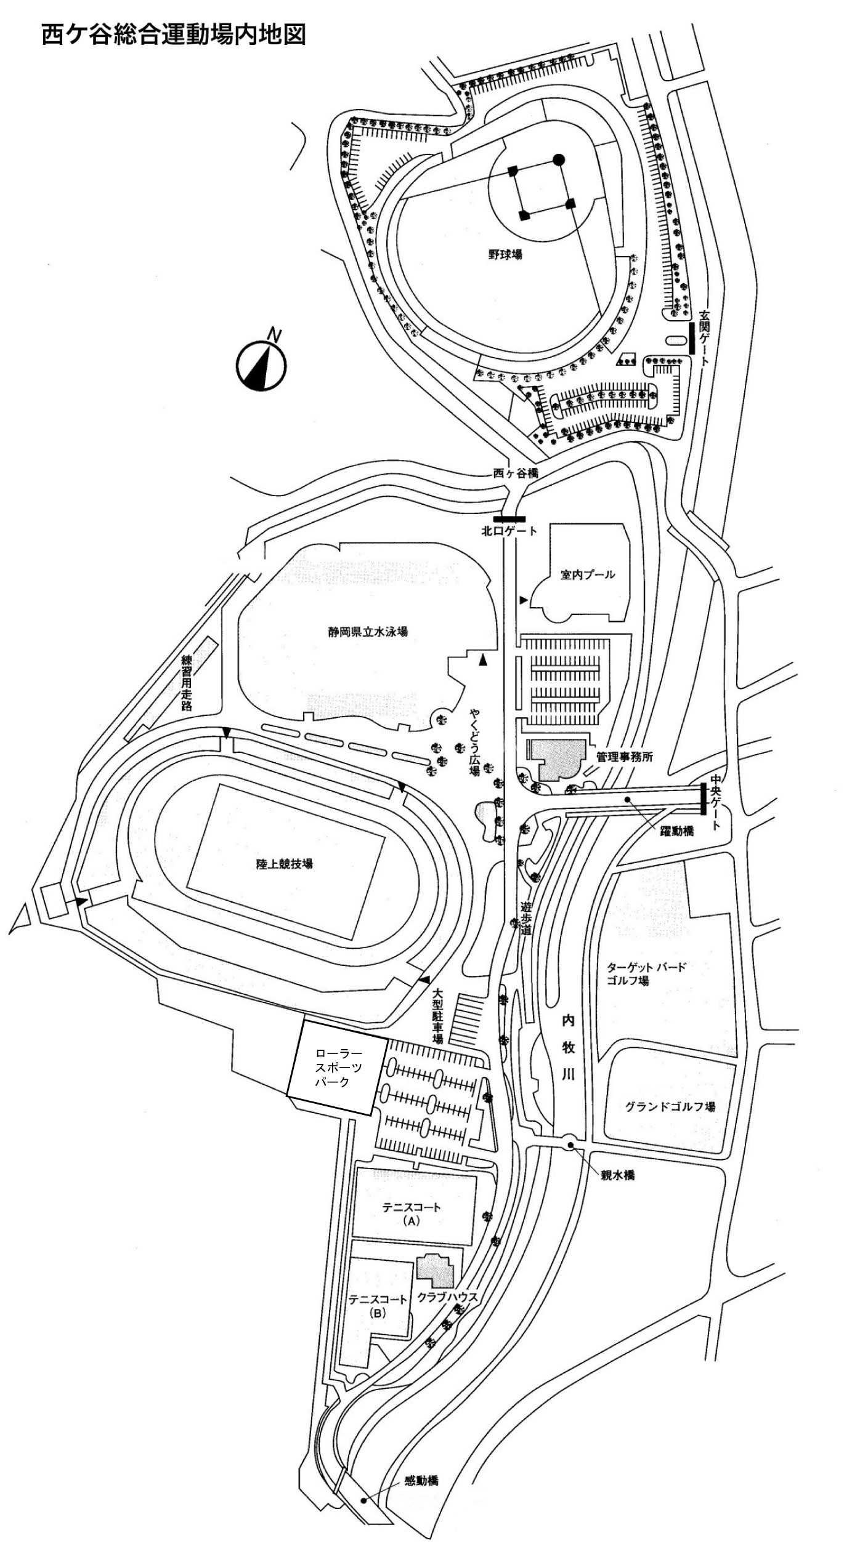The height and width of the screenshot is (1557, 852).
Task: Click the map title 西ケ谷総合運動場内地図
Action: click(173, 35)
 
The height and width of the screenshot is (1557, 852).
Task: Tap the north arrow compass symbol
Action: click(261, 364)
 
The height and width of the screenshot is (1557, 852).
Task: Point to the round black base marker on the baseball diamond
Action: click(558, 159)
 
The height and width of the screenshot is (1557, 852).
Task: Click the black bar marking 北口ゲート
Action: click(509, 519)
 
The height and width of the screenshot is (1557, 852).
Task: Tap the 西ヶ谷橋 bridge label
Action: click(516, 474)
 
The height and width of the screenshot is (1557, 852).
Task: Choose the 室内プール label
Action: click(587, 575)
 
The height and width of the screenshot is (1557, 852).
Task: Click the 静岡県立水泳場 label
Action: click(367, 632)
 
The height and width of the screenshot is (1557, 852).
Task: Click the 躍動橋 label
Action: click(676, 831)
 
